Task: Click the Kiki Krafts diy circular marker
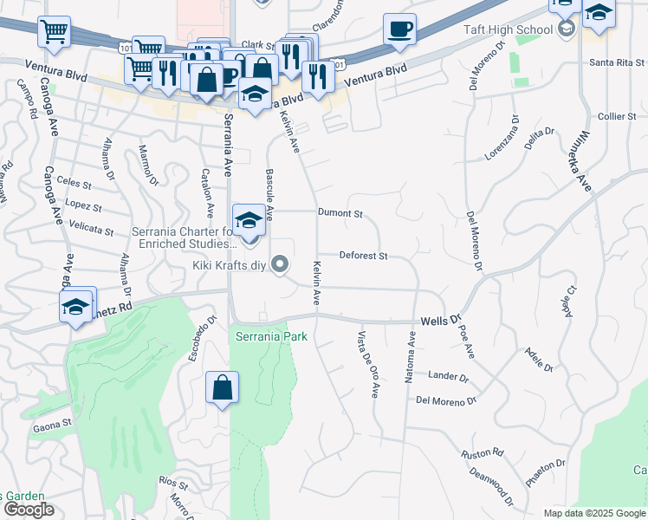(x=279, y=263)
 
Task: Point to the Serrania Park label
(x=270, y=335)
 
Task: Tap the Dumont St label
(x=339, y=212)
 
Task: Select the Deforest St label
(x=363, y=257)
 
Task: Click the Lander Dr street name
(x=448, y=376)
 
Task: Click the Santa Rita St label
(x=617, y=62)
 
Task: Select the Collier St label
(x=617, y=116)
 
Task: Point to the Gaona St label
(x=54, y=425)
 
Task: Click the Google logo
(x=29, y=510)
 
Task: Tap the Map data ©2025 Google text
(x=593, y=513)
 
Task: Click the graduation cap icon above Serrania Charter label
(x=249, y=218)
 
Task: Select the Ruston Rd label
(x=483, y=453)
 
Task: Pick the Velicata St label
(x=91, y=231)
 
